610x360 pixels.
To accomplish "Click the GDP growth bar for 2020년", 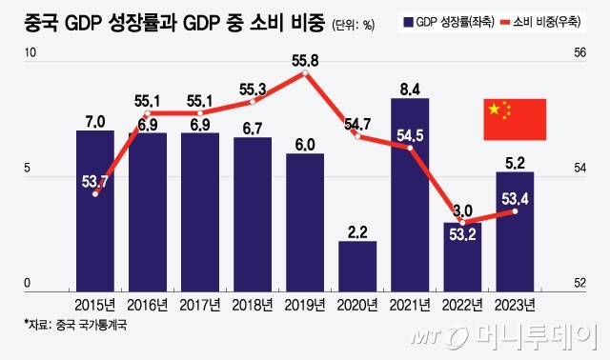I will (x=357, y=263).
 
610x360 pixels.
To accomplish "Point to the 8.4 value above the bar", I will (x=410, y=90).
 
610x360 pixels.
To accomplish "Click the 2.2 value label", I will (x=357, y=231).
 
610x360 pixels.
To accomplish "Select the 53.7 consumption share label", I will (x=96, y=180).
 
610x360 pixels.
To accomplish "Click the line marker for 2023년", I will (x=516, y=211).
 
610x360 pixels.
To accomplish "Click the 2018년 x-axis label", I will (x=253, y=304).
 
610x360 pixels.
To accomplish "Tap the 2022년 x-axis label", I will (x=462, y=304).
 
